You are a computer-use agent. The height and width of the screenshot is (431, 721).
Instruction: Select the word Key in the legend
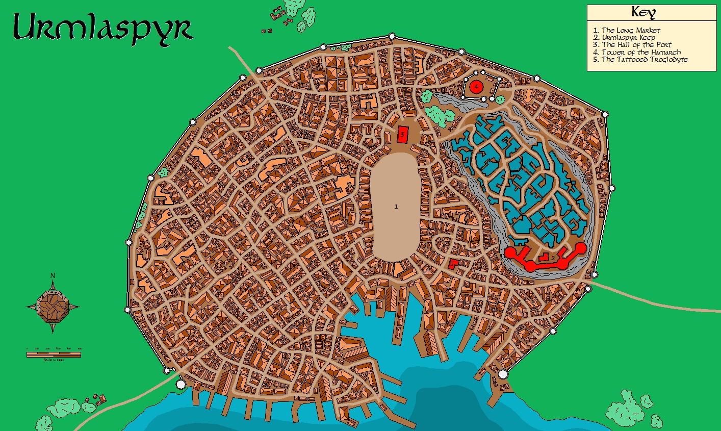(x=643, y=13)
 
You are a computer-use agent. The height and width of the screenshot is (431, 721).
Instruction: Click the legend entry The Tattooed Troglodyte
(x=644, y=59)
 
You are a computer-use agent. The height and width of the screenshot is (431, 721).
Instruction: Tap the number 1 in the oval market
(x=396, y=207)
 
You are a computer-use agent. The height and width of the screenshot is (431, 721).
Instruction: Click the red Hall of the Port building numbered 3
(x=403, y=135)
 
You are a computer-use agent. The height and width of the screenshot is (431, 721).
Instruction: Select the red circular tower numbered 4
(x=476, y=87)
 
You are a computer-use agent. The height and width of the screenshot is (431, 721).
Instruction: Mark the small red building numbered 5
(x=453, y=264)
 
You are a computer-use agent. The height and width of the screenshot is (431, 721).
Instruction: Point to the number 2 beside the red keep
(x=553, y=258)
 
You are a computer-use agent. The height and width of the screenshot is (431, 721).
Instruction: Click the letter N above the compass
(x=53, y=276)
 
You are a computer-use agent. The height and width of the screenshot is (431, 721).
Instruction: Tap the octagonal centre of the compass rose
(x=53, y=307)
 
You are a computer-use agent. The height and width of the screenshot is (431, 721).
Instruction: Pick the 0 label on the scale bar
(x=28, y=349)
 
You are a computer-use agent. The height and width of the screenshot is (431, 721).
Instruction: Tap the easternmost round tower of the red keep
(x=581, y=248)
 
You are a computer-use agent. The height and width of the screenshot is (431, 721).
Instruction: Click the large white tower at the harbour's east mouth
(x=503, y=374)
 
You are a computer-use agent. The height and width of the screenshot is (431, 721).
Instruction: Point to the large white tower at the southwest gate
(x=181, y=383)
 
